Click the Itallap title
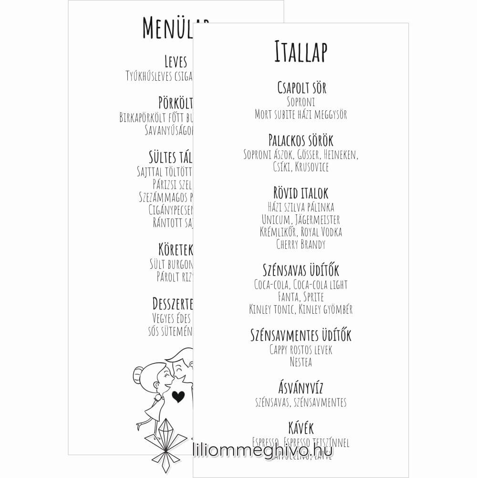click(x=301, y=52)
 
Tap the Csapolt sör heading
click(x=301, y=88)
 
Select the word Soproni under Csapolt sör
click(x=301, y=102)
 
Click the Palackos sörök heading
click(x=301, y=141)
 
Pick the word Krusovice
click(x=312, y=167)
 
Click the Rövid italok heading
click(x=301, y=193)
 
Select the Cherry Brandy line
click(x=301, y=244)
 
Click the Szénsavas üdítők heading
click(x=301, y=270)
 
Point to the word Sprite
click(x=314, y=297)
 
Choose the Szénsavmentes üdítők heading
click(x=301, y=335)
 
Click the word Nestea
click(x=301, y=362)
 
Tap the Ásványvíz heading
click(x=301, y=388)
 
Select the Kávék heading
click(x=301, y=427)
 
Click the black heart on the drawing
click(x=178, y=396)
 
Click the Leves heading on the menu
click(x=176, y=62)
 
